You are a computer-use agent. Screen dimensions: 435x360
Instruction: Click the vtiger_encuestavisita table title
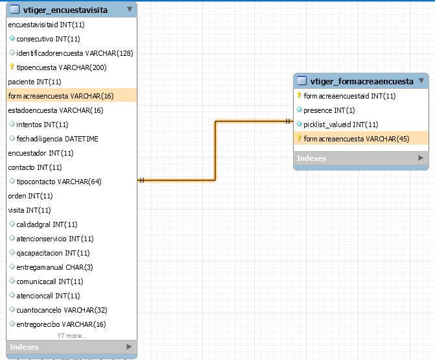click(x=65, y=10)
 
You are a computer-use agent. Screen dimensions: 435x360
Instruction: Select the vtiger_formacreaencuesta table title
click(x=362, y=81)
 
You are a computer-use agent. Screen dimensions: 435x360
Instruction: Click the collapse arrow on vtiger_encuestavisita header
click(x=129, y=10)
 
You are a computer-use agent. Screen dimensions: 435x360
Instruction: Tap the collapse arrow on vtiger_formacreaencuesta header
click(x=421, y=80)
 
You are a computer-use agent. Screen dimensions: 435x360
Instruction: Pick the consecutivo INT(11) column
click(x=48, y=39)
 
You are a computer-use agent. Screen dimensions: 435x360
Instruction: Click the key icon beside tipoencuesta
click(x=12, y=67)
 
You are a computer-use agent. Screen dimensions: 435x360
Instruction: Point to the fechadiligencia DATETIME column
click(x=57, y=139)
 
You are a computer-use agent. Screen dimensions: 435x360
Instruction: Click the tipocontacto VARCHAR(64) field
click(x=59, y=182)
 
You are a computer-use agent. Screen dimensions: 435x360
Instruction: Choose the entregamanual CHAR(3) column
click(x=54, y=267)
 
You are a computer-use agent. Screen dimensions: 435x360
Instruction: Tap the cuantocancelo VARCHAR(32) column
click(x=62, y=310)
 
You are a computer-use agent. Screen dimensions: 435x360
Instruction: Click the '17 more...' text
click(x=72, y=336)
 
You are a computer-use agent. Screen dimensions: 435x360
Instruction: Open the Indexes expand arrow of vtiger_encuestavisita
click(x=129, y=346)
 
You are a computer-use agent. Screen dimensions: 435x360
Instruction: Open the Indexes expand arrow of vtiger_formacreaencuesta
click(x=421, y=158)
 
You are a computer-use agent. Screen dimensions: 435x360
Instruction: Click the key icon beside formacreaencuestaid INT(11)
click(x=299, y=95)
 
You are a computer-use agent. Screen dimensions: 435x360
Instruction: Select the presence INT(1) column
click(x=329, y=110)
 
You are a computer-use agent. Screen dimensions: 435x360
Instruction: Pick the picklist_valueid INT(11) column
click(x=341, y=125)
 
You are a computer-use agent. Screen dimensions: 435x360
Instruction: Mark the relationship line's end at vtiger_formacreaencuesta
click(x=293, y=121)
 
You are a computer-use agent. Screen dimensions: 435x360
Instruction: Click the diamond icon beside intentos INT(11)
click(x=12, y=124)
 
